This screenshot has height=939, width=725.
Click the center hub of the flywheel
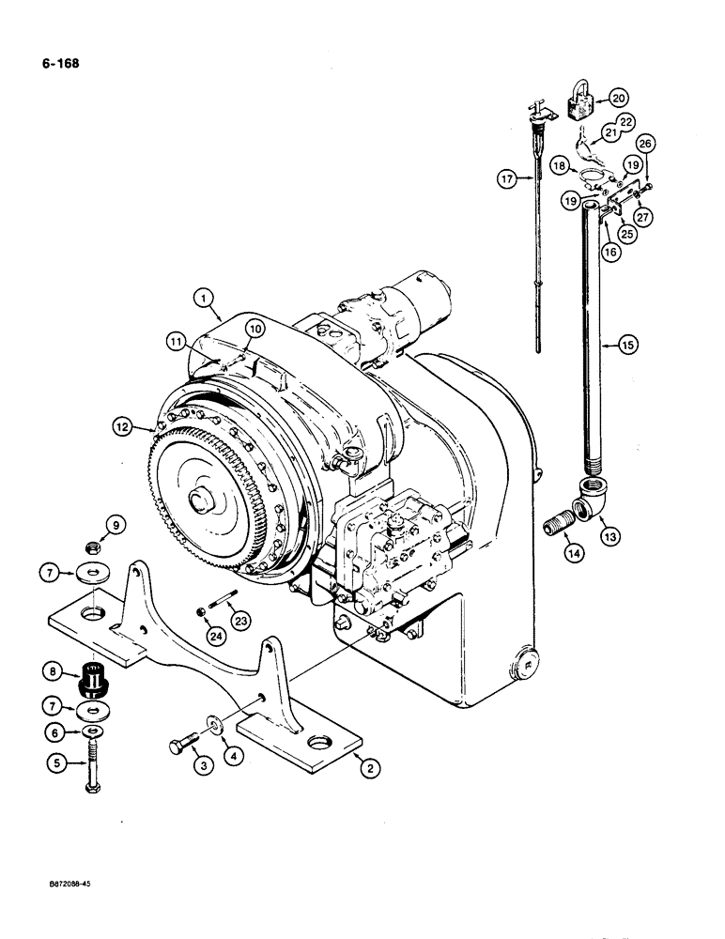pyautogui.click(x=203, y=501)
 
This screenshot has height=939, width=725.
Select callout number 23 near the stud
pyautogui.click(x=240, y=620)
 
